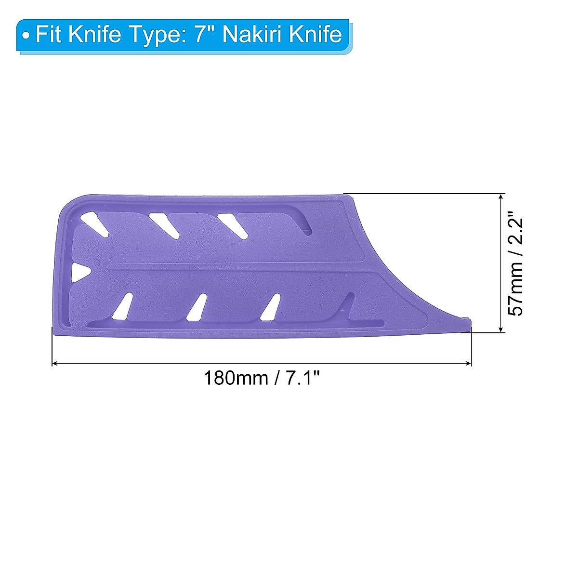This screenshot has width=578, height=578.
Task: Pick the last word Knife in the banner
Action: click(x=313, y=35)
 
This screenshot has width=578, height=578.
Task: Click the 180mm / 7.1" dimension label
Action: click(x=262, y=378)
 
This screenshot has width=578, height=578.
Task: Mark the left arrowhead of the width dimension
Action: click(x=54, y=364)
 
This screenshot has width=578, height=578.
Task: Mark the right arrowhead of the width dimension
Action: click(x=469, y=364)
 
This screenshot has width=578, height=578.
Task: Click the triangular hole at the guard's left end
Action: click(x=78, y=272)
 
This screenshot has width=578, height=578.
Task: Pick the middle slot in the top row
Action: click(x=164, y=224)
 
